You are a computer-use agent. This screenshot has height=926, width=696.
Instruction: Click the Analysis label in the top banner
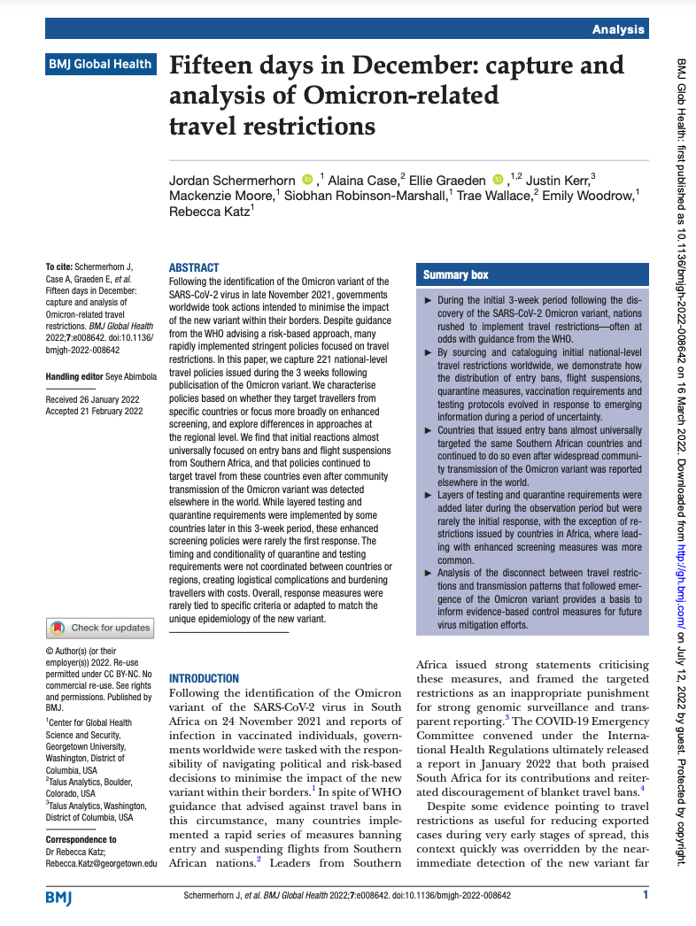619,29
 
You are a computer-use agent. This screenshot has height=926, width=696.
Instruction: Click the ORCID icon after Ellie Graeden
498,181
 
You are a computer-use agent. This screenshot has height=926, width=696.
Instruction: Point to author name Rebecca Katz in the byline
208,212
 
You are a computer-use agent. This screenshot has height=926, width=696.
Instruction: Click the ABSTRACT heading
193,268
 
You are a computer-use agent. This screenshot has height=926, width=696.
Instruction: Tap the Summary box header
456,275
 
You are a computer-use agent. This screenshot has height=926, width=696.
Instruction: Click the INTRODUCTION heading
204,678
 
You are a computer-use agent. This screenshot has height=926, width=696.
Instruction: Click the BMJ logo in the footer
58,897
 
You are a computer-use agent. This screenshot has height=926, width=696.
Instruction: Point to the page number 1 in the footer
646,896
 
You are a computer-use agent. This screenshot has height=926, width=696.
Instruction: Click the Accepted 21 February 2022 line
94,411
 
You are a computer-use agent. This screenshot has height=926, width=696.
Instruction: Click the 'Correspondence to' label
81,839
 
